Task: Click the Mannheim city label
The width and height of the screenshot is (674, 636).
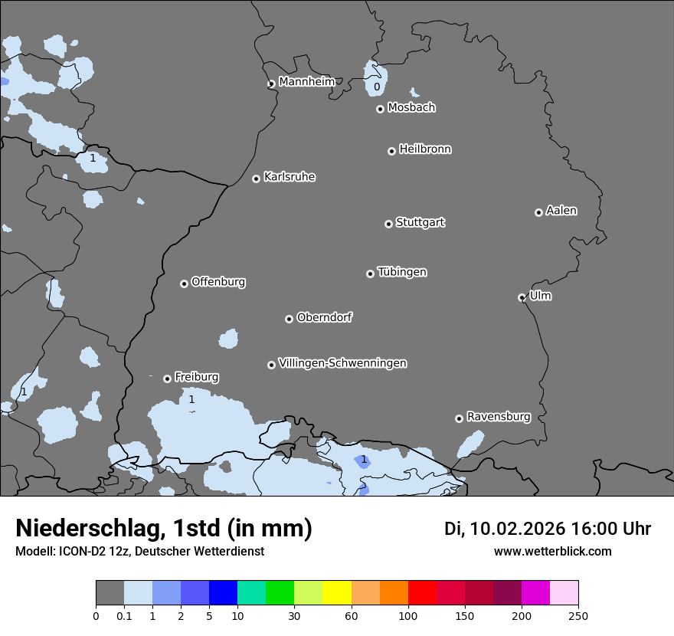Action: pyautogui.click(x=306, y=81)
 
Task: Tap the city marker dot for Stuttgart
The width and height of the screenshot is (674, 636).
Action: pyautogui.click(x=388, y=224)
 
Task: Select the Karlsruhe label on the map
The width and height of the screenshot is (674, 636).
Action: pyautogui.click(x=290, y=177)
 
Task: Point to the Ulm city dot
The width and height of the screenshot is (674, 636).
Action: pyautogui.click(x=522, y=297)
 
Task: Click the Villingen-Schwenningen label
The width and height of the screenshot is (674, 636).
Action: pyautogui.click(x=342, y=363)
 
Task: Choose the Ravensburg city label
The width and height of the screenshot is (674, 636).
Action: pyautogui.click(x=499, y=417)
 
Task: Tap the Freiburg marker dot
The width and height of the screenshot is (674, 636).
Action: pyautogui.click(x=167, y=379)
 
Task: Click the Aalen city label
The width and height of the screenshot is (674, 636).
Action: pyautogui.click(x=561, y=211)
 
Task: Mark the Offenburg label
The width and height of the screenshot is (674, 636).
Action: pyautogui.click(x=218, y=282)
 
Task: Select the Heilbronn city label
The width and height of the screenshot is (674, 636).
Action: pyautogui.click(x=425, y=149)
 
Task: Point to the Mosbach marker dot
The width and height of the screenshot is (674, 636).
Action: pyautogui.click(x=380, y=109)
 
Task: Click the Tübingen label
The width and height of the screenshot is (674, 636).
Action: pyautogui.click(x=402, y=272)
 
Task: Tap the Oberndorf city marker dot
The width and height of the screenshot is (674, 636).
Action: pyautogui.click(x=289, y=319)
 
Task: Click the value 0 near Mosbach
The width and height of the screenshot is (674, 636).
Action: pyautogui.click(x=377, y=87)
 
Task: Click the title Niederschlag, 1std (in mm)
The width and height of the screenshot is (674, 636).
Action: pyautogui.click(x=164, y=528)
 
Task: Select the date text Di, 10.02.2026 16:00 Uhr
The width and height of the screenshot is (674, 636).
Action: pyautogui.click(x=548, y=529)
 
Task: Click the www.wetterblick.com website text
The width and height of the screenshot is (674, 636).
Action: pyautogui.click(x=552, y=552)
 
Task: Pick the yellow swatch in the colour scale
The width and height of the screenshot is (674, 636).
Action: pyautogui.click(x=337, y=593)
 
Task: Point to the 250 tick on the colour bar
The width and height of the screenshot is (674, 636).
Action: pyautogui.click(x=578, y=615)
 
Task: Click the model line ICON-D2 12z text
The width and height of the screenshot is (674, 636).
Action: pyautogui.click(x=139, y=552)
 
